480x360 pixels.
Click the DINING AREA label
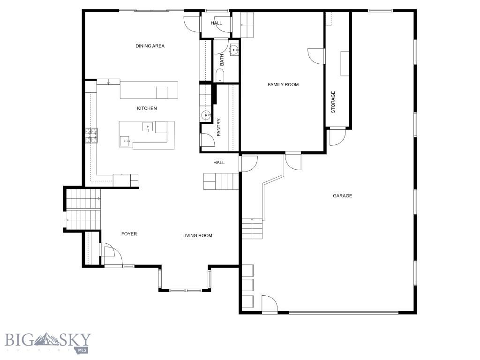(x=150, y=46)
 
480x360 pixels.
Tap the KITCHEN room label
(x=147, y=108)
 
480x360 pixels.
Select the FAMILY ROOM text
(x=283, y=85)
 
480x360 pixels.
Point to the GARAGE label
(x=342, y=196)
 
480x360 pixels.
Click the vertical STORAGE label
(x=333, y=102)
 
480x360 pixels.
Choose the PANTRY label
(x=219, y=127)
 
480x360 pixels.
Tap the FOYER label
(x=129, y=234)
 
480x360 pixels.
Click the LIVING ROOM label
(x=197, y=235)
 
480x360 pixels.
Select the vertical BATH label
(x=222, y=60)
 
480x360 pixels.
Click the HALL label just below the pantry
(x=219, y=163)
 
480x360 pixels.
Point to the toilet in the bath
(x=220, y=75)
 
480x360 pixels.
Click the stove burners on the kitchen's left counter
(x=92, y=135)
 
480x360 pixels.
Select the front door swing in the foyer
(x=112, y=255)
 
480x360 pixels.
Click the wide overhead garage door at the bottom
(x=344, y=312)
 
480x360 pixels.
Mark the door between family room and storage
(x=316, y=56)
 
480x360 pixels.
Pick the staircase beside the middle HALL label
(x=221, y=181)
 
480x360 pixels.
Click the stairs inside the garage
(x=252, y=229)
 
